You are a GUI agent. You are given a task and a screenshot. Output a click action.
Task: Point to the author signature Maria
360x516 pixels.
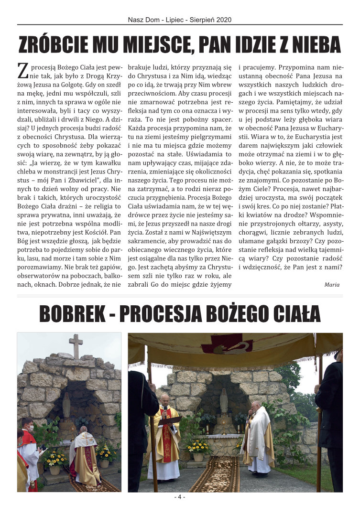(332, 285)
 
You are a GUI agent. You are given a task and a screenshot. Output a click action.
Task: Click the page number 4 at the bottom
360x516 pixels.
(180, 497)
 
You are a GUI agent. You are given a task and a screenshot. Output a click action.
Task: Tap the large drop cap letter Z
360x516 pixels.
(22, 71)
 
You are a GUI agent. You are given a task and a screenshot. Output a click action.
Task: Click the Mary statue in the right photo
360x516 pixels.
(224, 400)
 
